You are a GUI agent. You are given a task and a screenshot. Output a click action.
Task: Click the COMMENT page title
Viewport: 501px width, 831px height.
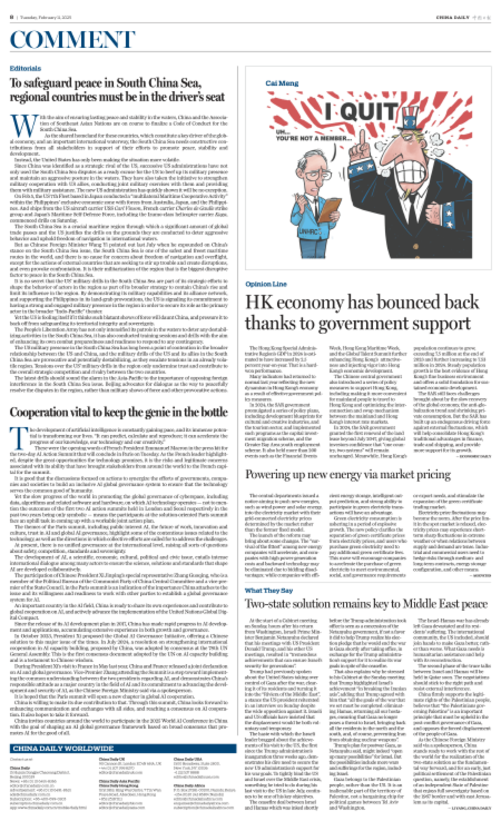pyautogui.click(x=72, y=39)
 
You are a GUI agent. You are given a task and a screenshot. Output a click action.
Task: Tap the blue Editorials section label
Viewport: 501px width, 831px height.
pyautogui.click(x=25, y=69)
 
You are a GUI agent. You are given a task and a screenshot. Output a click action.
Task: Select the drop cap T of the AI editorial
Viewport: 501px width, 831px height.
pyautogui.click(x=19, y=438)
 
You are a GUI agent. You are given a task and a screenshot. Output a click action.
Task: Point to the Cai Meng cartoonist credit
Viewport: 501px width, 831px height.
pyautogui.click(x=282, y=83)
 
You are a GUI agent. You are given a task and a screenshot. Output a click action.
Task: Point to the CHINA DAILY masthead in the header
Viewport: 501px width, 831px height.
pyautogui.click(x=452, y=17)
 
